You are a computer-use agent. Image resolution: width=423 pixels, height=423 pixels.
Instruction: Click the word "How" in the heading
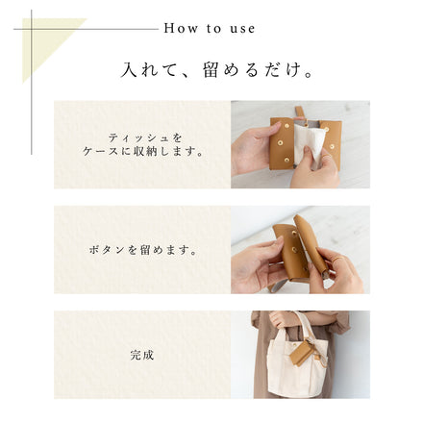179,28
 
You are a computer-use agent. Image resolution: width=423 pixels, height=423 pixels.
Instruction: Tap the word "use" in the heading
246,28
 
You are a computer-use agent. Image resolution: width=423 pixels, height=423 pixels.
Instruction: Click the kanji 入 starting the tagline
129,70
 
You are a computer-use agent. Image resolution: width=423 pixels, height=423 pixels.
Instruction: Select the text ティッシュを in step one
142,137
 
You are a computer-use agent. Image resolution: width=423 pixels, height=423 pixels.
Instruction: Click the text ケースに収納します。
142,151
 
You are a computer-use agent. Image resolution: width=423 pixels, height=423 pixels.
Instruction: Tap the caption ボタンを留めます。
142,250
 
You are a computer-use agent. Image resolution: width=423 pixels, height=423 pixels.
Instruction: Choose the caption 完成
142,355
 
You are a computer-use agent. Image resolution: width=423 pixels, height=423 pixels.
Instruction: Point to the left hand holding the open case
252,149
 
